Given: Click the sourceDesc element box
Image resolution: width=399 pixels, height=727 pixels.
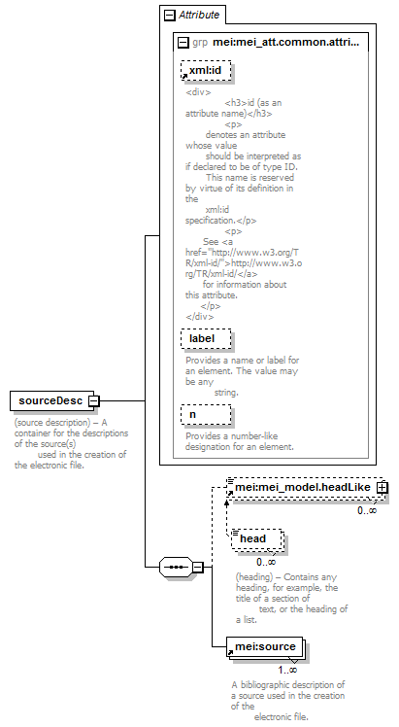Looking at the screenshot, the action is coord(51,401).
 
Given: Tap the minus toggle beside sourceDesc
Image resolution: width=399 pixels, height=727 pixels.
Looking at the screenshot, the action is coord(94,401).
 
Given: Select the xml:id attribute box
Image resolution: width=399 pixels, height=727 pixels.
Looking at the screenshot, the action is coord(206,71).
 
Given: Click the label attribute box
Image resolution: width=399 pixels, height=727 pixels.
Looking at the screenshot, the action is coord(206,338).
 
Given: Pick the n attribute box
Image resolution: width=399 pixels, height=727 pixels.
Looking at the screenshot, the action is coord(206,414).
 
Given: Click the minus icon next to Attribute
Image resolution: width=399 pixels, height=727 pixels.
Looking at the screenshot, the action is coord(170,16).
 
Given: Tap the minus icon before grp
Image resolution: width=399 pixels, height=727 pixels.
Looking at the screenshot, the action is coord(183,43).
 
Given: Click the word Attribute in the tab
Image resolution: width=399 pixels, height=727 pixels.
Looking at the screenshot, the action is coord(199,15).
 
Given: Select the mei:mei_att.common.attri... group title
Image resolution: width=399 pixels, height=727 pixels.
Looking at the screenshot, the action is coord(285,42).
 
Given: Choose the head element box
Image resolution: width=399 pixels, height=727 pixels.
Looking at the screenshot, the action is coord(257,538).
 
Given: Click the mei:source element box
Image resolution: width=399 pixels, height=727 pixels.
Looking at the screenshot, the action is coord(265,646).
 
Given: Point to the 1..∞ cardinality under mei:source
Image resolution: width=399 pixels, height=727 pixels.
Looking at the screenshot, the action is coord(287,670).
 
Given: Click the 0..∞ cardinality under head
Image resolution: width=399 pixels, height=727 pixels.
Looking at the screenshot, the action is coord(266,562).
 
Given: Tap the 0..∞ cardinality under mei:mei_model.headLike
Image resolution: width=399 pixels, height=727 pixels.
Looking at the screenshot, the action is coord(367,510).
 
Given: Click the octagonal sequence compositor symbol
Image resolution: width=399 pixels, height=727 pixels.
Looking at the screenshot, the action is coord(176,567).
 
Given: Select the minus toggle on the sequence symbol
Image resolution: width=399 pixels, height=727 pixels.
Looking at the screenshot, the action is coord(198,567).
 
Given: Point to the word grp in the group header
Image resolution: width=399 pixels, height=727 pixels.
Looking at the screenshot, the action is coord(200,43).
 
